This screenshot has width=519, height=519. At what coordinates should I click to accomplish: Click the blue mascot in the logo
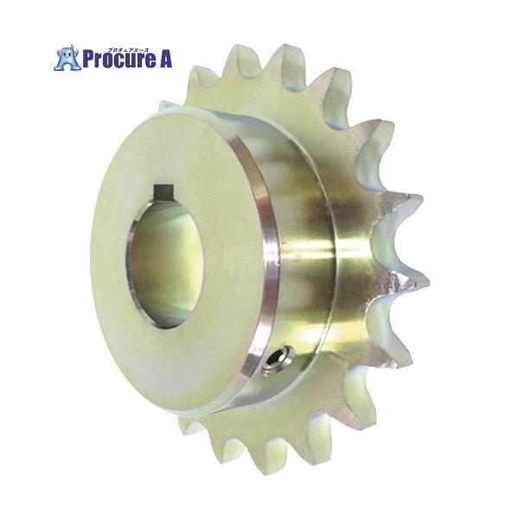point(67,58)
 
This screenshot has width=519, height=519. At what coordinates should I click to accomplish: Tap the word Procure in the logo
point(119,59)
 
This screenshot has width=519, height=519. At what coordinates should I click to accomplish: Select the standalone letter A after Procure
point(166,59)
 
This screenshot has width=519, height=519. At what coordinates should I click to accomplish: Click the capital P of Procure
point(87,59)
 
